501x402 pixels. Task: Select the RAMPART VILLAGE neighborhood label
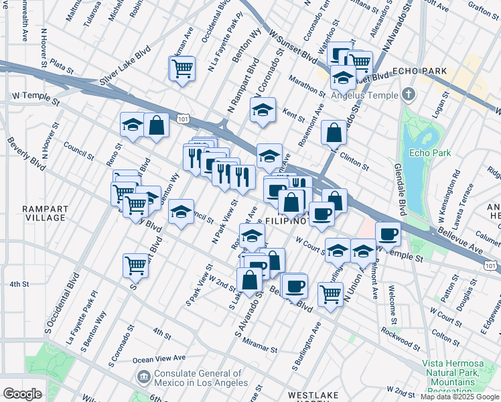click(x=44, y=213)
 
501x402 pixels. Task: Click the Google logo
click(x=22, y=394)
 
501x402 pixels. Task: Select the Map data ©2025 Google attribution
click(x=459, y=397)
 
